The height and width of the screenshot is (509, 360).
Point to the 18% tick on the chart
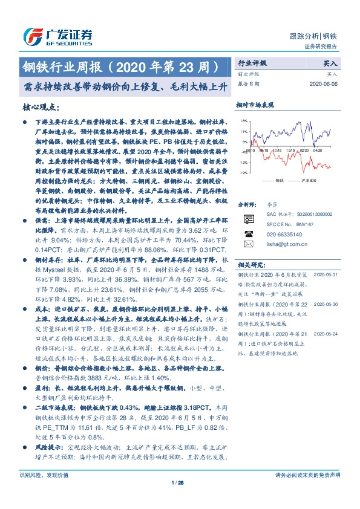click(243, 129)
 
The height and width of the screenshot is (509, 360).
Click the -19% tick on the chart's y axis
click(243, 173)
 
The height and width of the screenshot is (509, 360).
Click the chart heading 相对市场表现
click(251, 105)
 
